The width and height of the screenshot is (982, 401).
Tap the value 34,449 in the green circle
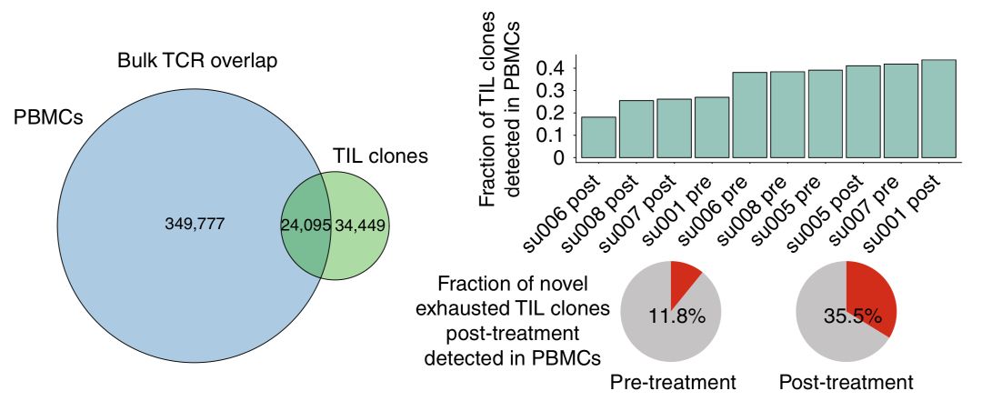(x=360, y=224)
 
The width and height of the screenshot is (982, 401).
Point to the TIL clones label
(x=379, y=155)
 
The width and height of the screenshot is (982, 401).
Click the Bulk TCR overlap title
(x=197, y=62)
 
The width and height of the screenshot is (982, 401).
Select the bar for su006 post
(x=598, y=137)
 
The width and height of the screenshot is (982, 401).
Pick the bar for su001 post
(x=938, y=109)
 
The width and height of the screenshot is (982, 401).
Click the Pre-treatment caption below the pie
(x=672, y=382)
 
